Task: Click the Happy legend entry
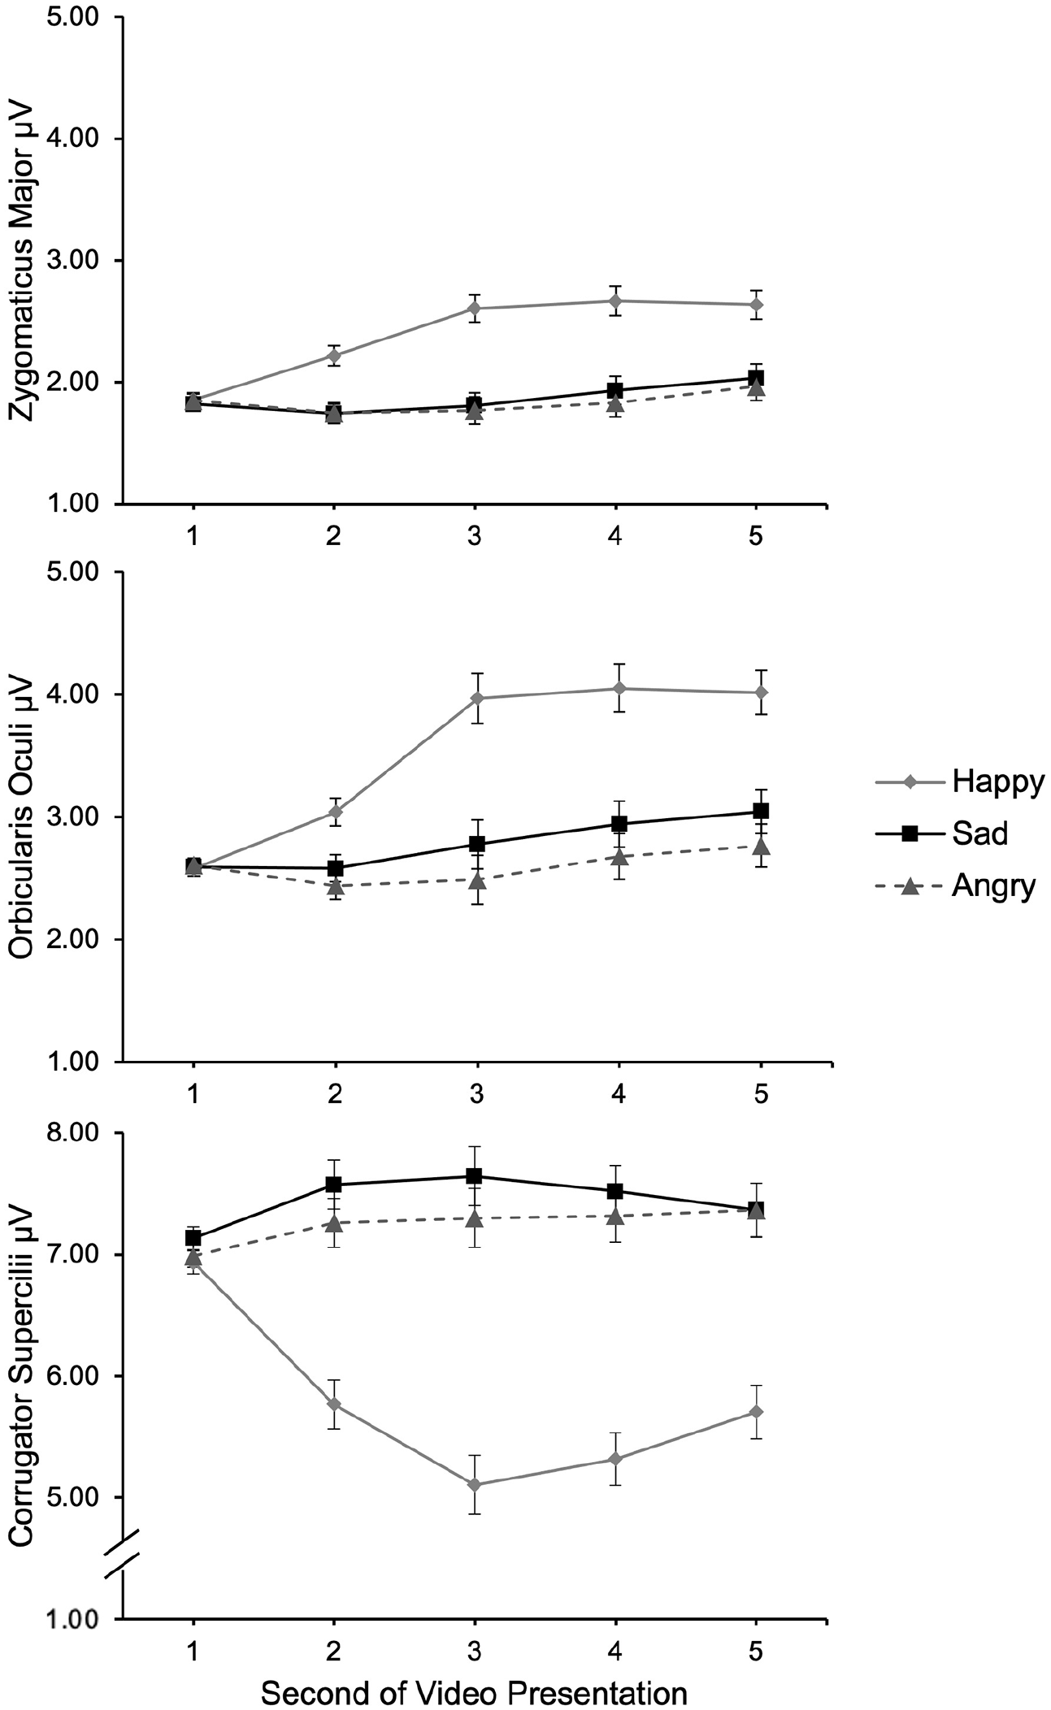[959, 782]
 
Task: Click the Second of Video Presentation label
[474, 1688]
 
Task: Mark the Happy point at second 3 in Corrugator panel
[475, 1485]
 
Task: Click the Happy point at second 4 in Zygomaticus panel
[615, 301]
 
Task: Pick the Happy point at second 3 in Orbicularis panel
[476, 698]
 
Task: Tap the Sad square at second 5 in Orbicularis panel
[761, 811]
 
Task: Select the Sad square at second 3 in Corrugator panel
[475, 1175]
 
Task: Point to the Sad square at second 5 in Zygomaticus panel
[756, 377]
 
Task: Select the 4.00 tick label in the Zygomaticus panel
[74, 139]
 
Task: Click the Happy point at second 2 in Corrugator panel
[333, 1404]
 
